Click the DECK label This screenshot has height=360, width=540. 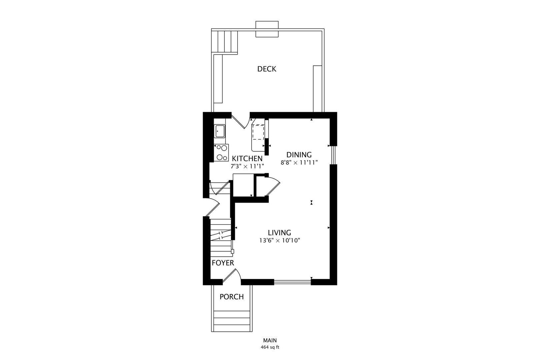tap(267, 69)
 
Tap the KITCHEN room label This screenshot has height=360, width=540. tap(247, 159)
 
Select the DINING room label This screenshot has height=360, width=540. tap(299, 155)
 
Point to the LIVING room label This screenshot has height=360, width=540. tap(280, 233)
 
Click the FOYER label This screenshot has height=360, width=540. tap(223, 263)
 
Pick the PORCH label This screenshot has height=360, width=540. tap(232, 297)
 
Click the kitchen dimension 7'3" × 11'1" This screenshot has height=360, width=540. tap(247, 166)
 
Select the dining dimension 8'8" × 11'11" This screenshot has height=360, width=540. tap(299, 163)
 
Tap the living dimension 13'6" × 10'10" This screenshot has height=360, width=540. tap(280, 240)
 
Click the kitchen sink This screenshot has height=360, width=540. tap(220, 131)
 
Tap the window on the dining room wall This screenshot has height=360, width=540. tap(333, 155)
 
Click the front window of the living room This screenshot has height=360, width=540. tap(292, 282)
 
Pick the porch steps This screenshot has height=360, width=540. tap(232, 321)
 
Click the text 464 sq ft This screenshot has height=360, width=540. tap(270, 347)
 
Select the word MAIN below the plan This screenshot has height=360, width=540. tap(270, 340)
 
